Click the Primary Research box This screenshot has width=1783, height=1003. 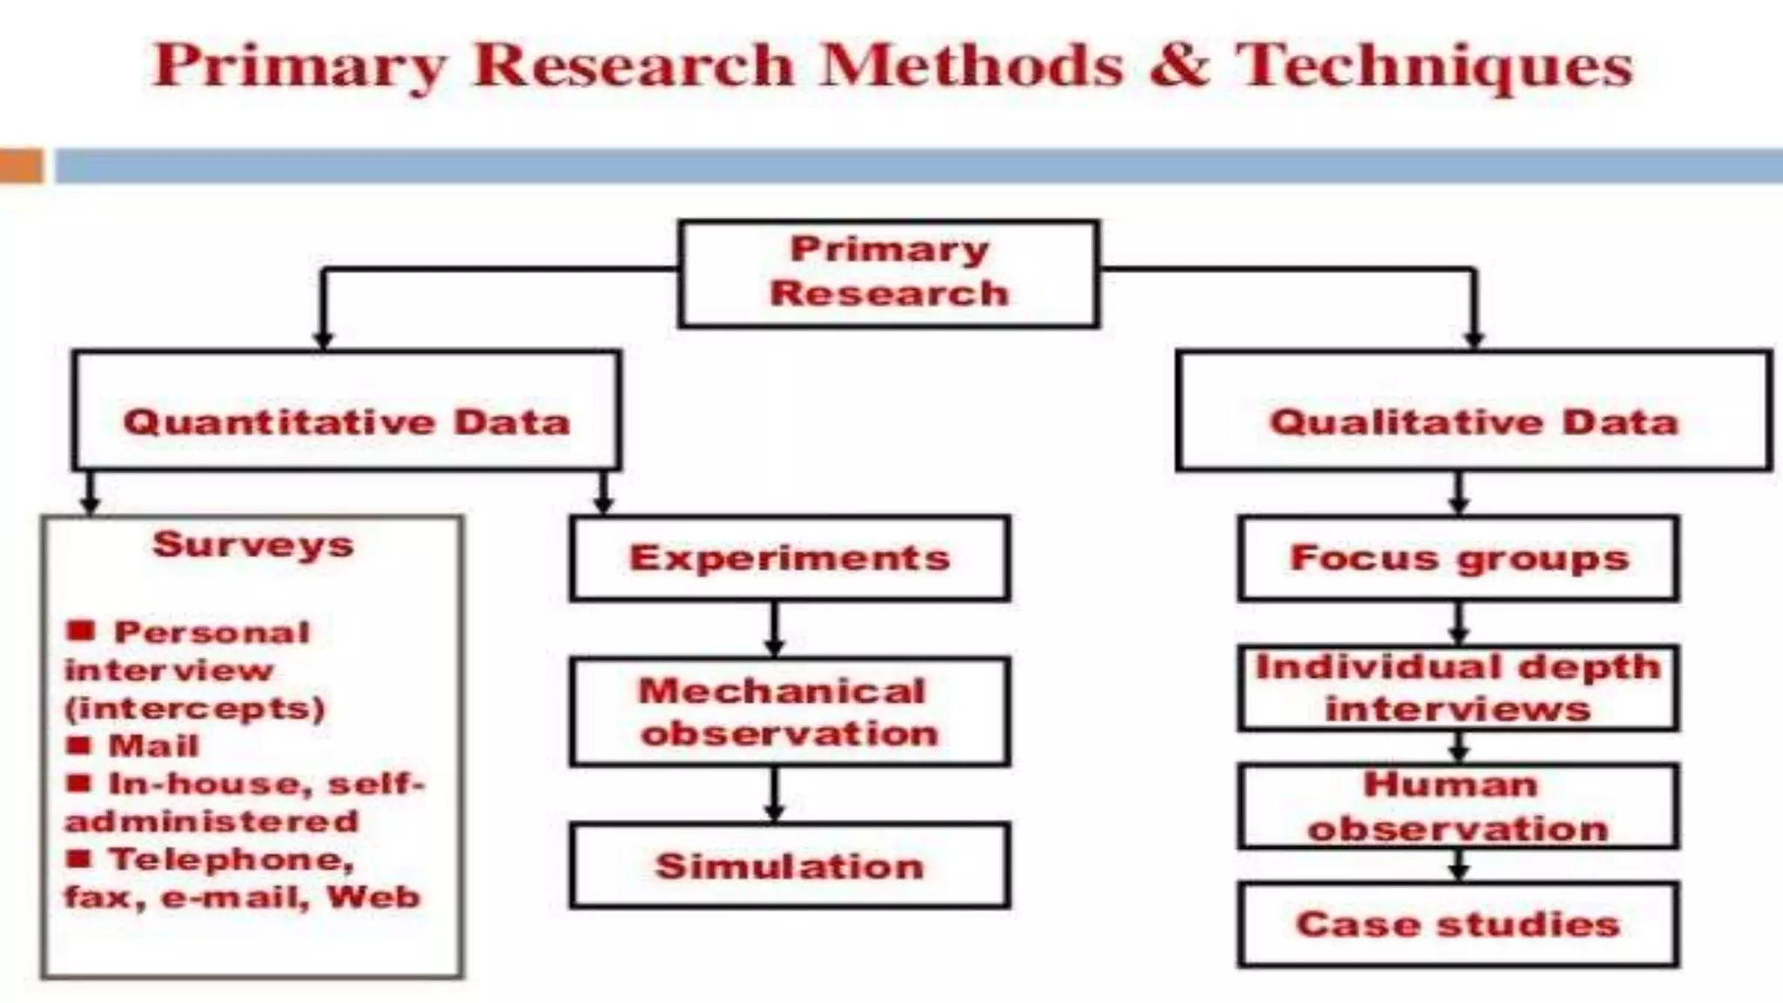coord(889,273)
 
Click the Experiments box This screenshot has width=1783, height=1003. coord(790,558)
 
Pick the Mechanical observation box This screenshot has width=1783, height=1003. coord(790,711)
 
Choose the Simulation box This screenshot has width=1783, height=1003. coord(790,866)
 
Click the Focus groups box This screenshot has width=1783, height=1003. coord(1458,558)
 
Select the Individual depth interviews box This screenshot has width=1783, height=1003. coord(1458,688)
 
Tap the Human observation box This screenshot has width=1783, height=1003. coord(1458,806)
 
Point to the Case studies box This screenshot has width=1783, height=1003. coord(1458,924)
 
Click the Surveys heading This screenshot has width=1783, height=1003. coord(253,545)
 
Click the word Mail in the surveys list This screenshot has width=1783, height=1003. coord(153,746)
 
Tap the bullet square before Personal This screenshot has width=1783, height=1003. coord(81,630)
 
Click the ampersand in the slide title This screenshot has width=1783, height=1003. coord(1179,66)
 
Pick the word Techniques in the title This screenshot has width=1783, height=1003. coord(1434,66)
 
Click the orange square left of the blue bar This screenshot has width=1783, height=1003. coord(21,165)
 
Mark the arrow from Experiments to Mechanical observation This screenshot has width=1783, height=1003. coord(774,629)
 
